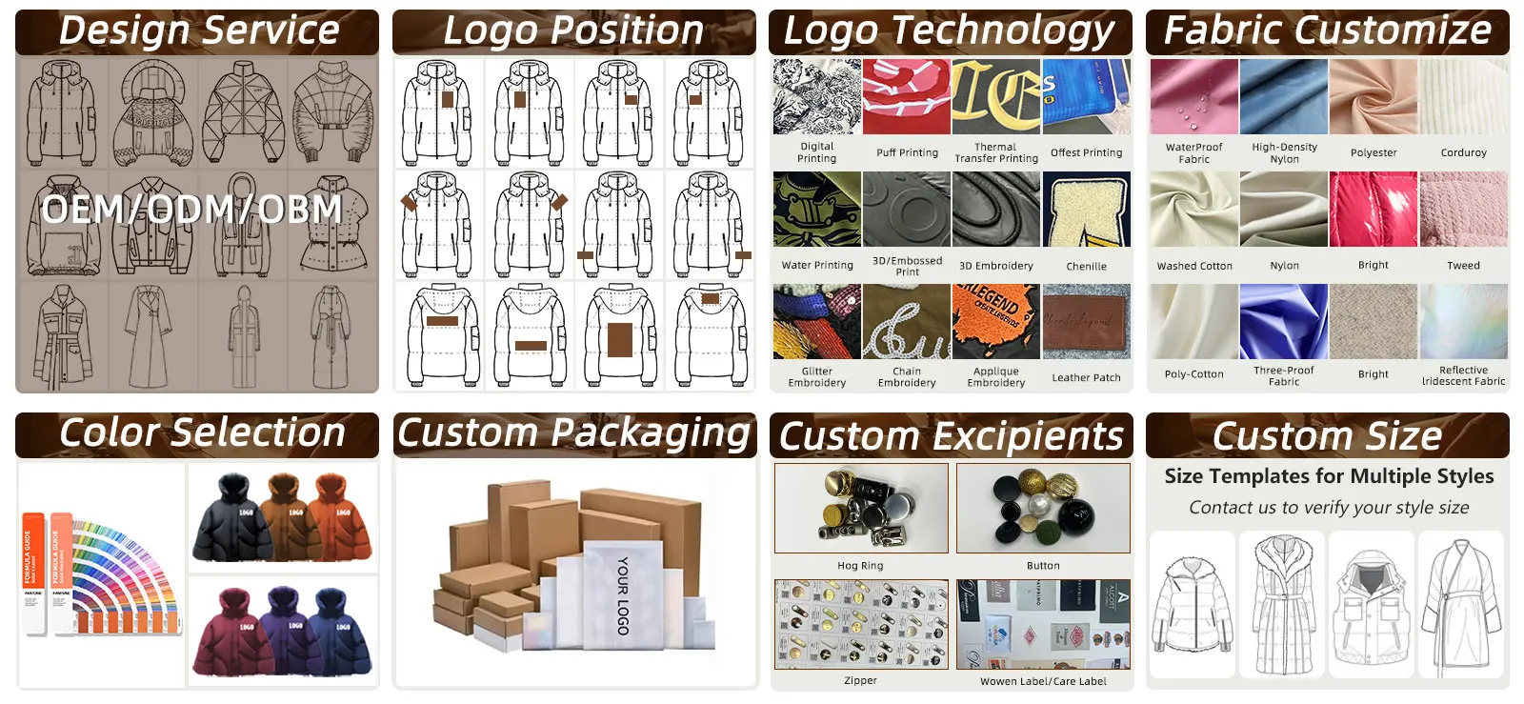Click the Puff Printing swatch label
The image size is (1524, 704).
[907, 152]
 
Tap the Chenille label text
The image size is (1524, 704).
[1086, 267]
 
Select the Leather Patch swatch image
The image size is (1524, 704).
[1086, 321]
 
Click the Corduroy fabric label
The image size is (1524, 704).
[1463, 152]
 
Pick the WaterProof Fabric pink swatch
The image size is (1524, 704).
[1193, 97]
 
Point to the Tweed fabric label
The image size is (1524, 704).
[1463, 266]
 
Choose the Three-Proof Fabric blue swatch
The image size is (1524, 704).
[1283, 321]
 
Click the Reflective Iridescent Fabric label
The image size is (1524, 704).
[1463, 375]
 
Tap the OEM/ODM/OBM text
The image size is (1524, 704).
[191, 210]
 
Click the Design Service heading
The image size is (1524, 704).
[198, 30]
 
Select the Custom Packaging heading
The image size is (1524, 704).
[573, 433]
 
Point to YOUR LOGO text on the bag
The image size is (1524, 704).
[622, 595]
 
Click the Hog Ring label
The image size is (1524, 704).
[860, 566]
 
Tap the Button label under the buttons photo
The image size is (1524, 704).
[1043, 566]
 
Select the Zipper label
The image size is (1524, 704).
[860, 680]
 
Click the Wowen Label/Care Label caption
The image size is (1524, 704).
[1043, 681]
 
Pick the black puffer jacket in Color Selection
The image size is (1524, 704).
[225, 524]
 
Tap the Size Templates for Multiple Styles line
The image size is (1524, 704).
[1328, 476]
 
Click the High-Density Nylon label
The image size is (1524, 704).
[1284, 153]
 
